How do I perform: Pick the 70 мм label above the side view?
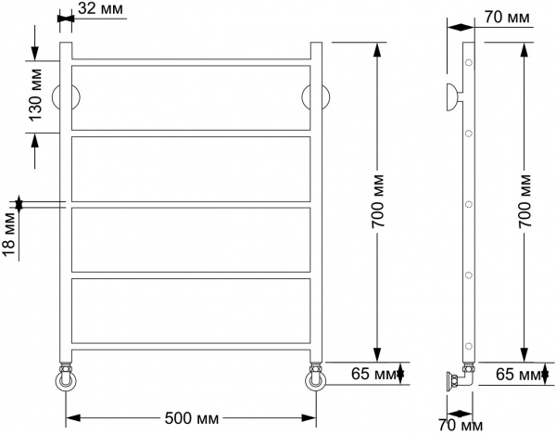tap(508, 19)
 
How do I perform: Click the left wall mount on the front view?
tap(68, 97)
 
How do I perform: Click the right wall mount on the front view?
tap(315, 97)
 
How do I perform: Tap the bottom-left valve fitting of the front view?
tap(66, 379)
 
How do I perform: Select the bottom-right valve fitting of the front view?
tap(315, 379)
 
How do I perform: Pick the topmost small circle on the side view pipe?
tap(468, 64)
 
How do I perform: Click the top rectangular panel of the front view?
tap(191, 96)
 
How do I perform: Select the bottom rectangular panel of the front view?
tap(191, 311)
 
